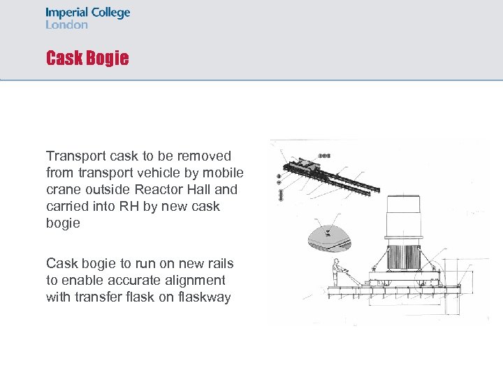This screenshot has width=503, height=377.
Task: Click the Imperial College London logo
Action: (x=87, y=18)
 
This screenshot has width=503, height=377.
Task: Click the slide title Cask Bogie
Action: (x=87, y=58)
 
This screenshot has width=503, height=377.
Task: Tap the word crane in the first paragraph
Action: (x=64, y=189)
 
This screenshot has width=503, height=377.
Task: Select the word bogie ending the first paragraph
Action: (x=63, y=223)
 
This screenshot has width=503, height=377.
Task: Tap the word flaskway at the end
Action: (x=203, y=297)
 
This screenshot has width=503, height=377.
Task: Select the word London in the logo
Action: (x=67, y=24)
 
